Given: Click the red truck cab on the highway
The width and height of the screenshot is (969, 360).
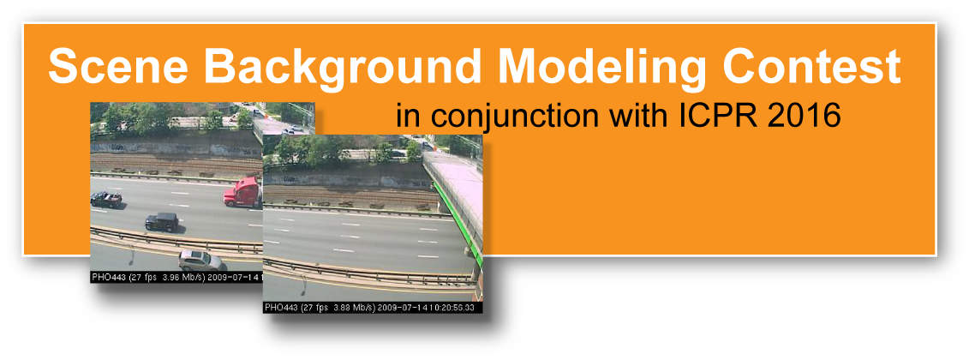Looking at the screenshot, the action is (x=243, y=191).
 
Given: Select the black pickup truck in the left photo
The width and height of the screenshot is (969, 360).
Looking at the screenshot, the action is (x=106, y=199).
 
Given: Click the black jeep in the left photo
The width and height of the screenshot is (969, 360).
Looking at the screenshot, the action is (x=162, y=221).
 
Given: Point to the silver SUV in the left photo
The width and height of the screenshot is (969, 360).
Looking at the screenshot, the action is (x=200, y=260).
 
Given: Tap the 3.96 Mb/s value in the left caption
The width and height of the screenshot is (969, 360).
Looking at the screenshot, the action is (x=183, y=278).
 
